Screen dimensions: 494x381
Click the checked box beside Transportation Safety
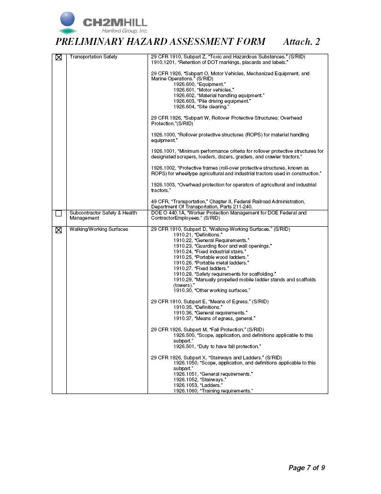pos(59,57)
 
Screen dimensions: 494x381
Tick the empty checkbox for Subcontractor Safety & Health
pos(59,214)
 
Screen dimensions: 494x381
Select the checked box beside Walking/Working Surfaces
pos(59,230)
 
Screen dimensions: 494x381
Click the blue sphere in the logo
pos(67,20)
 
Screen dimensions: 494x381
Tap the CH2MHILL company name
pos(115,22)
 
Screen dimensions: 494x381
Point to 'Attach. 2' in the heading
pos(301,42)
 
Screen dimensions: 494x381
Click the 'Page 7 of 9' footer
pos(306,468)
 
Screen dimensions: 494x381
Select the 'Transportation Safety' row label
pos(93,57)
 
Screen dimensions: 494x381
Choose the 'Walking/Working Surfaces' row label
pos(99,229)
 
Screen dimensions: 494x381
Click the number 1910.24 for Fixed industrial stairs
pos(183,251)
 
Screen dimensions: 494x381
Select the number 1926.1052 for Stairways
pos(185,379)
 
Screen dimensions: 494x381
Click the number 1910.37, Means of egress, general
pos(183,318)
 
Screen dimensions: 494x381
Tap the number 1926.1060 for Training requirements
pos(185,391)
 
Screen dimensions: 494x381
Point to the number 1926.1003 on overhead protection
pos(163,185)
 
